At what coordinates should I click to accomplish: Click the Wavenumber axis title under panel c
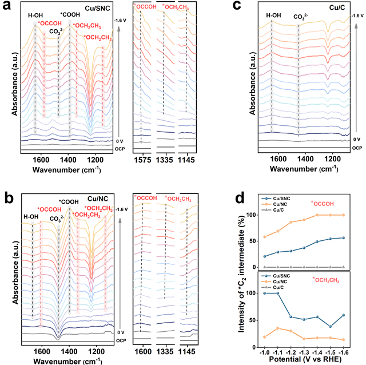pyautogui.click(x=301, y=169)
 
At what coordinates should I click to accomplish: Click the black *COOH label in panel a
pyautogui.click(x=70, y=13)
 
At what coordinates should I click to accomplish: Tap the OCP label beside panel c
pyautogui.click(x=357, y=148)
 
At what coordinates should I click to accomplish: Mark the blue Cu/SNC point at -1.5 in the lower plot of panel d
pyautogui.click(x=331, y=327)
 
